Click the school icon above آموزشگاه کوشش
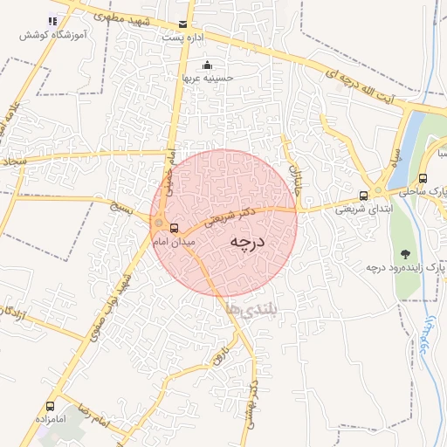coord(52,21)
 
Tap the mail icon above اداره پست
coord(182,24)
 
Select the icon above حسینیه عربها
coord(206,65)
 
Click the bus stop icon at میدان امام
coord(173,226)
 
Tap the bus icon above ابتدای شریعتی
coord(364,196)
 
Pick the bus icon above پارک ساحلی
coord(423,178)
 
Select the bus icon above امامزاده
coord(50,406)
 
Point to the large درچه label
coord(247,244)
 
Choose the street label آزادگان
coord(21,320)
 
